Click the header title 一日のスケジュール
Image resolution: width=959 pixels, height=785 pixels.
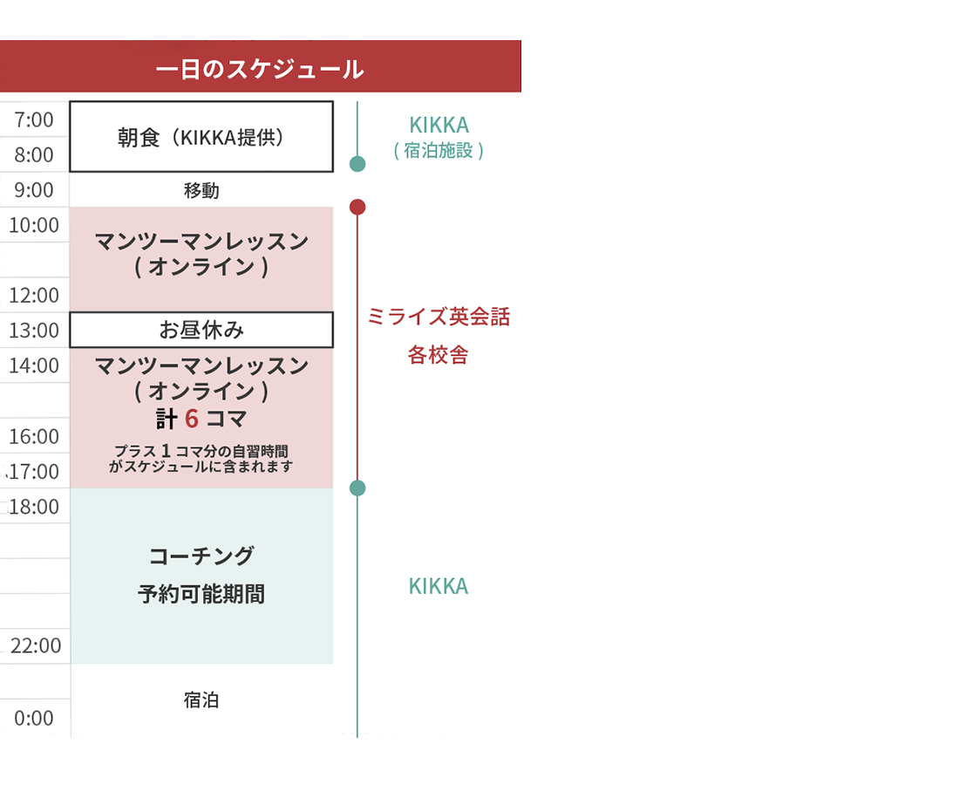coord(260,69)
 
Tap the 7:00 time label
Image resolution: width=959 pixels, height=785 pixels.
coord(34,119)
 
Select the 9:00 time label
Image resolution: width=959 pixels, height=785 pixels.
coord(34,190)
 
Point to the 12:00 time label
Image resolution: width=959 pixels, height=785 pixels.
coord(34,296)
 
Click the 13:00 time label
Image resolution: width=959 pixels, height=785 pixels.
coord(34,331)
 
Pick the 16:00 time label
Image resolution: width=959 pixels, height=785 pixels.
coord(34,436)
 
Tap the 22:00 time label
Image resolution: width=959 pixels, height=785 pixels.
coord(36,646)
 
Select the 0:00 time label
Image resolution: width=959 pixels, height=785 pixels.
coord(34,718)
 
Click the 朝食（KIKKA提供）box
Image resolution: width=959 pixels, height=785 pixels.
coord(201,137)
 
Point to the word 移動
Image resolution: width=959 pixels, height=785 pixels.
coord(201,190)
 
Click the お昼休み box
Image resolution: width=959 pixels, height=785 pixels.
coord(201,330)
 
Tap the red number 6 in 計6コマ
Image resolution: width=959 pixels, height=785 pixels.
coord(192,420)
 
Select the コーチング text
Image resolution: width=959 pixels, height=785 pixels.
coord(201,556)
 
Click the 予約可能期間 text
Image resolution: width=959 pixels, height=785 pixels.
coord(201,595)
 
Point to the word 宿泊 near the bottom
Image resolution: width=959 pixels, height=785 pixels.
coord(201,700)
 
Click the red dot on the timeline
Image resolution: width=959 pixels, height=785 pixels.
coord(357,207)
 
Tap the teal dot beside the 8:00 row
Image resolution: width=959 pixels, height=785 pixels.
coord(357,164)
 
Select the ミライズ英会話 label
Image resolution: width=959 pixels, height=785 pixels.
coord(439,317)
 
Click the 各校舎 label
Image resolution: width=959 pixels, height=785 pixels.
coord(439,356)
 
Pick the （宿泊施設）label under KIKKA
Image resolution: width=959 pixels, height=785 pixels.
coord(439,151)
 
